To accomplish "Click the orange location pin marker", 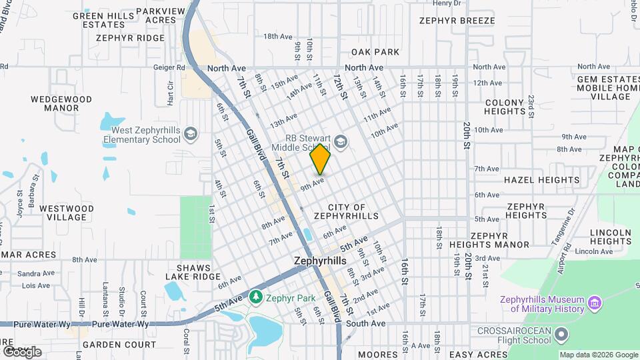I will click(321, 159).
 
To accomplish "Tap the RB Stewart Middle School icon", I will click(341, 141).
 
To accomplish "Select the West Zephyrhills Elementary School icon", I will click(191, 135).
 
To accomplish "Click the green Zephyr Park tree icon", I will click(255, 295).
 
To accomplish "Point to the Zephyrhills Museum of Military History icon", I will click(595, 304).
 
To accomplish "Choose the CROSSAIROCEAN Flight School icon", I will click(562, 333).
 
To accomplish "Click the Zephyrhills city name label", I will click(320, 261).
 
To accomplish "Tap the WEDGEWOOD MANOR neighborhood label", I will click(61, 103).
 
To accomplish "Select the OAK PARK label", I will click(375, 52).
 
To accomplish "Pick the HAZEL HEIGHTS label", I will click(541, 180).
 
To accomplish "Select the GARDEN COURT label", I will click(123, 345).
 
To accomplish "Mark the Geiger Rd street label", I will click(171, 67).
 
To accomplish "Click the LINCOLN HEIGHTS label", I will click(611, 237).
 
